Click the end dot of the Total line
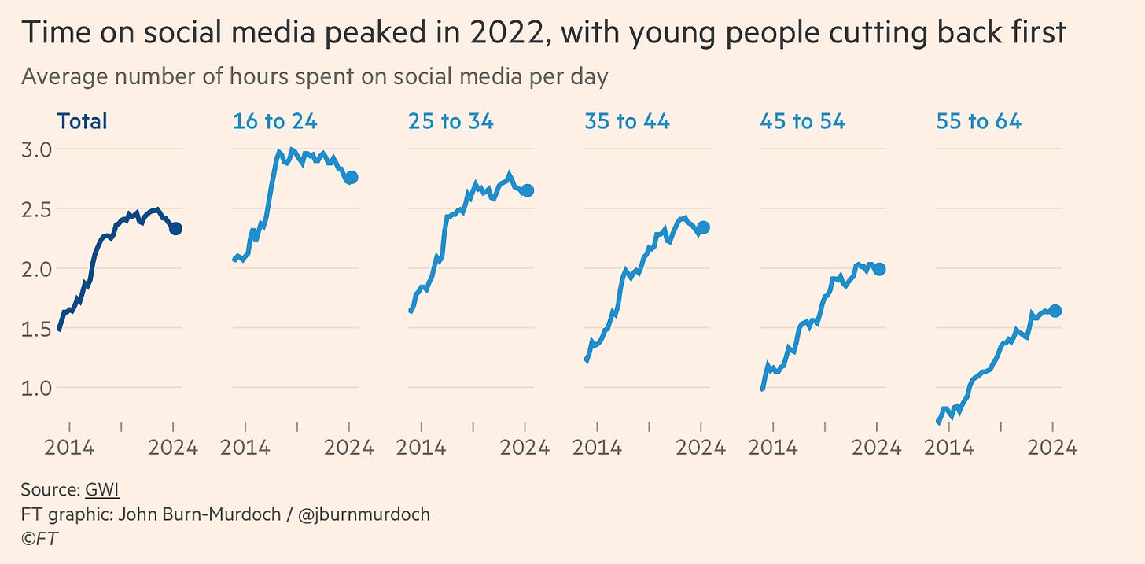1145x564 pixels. (x=176, y=228)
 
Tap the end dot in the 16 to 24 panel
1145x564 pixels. (x=352, y=178)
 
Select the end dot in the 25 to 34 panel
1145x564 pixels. (x=528, y=190)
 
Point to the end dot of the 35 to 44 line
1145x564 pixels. (x=703, y=227)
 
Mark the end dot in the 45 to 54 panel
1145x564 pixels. (x=879, y=269)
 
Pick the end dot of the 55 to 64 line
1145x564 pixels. (x=1055, y=311)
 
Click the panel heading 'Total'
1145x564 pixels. (x=81, y=121)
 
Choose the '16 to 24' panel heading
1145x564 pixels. (x=274, y=121)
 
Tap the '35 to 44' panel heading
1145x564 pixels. (x=627, y=121)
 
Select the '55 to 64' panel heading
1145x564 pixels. (x=978, y=121)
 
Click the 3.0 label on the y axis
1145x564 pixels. (x=36, y=149)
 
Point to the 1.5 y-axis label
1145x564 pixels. (x=36, y=328)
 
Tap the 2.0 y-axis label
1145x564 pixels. (x=36, y=268)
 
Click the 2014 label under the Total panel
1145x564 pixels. (x=68, y=448)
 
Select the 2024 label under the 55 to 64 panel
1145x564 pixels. (x=1052, y=448)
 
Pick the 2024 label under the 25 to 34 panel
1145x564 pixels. (x=525, y=448)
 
